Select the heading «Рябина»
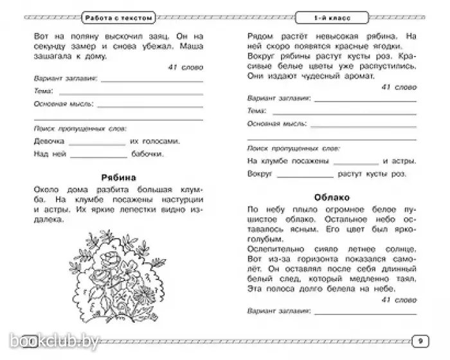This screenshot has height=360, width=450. (116, 178)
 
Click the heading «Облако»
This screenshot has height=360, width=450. (332, 197)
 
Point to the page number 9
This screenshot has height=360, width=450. (419, 339)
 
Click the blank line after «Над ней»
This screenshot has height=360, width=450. (98, 156)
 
